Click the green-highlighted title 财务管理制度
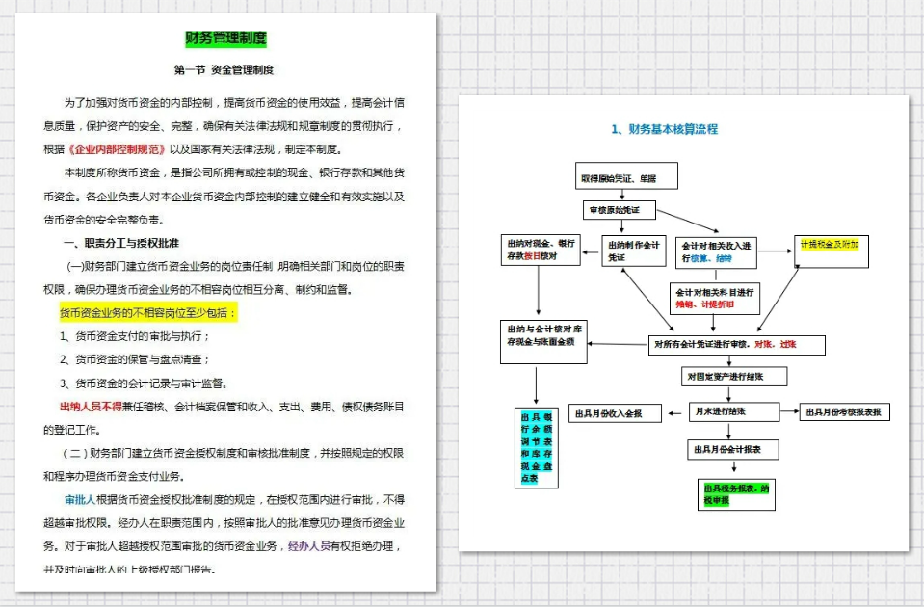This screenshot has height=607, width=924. (225, 40)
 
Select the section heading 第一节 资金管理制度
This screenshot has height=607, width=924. (224, 70)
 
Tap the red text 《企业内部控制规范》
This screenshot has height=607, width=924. (117, 150)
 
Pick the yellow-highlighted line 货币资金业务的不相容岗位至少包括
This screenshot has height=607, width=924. (147, 313)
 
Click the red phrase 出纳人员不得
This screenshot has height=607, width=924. (90, 406)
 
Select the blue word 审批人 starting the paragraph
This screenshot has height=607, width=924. (79, 500)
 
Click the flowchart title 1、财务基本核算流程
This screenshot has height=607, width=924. (664, 129)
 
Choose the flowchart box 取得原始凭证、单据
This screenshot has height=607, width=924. (627, 177)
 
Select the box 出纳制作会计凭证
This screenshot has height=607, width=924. (633, 251)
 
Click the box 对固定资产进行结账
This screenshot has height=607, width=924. (736, 376)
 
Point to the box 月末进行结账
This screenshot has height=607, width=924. (732, 411)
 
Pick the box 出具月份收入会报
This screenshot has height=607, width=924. (614, 413)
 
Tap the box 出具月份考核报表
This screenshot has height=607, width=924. (844, 412)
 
